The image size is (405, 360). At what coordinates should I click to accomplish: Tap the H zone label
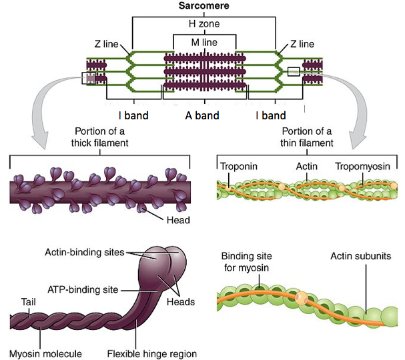pos(204,24)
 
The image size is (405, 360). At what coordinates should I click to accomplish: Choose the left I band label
pos(133,115)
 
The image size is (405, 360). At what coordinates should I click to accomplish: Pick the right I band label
pos(270,115)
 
